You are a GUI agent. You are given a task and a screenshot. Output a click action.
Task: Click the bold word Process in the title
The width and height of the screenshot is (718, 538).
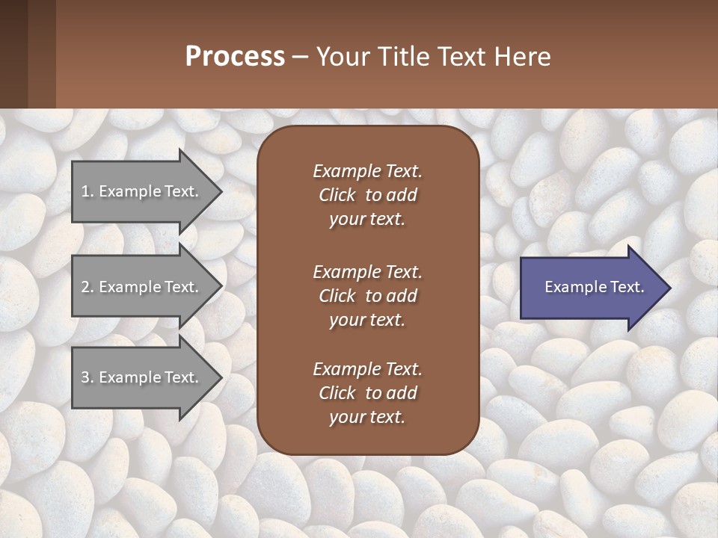click(235, 57)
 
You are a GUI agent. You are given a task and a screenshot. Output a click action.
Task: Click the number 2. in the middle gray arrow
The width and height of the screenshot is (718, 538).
click(88, 287)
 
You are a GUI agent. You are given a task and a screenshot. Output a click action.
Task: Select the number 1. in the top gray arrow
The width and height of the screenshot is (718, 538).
click(88, 191)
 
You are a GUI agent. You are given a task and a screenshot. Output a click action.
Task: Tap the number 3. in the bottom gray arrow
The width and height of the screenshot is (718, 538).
click(88, 377)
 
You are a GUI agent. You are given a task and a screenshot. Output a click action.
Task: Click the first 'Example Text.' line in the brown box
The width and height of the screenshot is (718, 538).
click(367, 171)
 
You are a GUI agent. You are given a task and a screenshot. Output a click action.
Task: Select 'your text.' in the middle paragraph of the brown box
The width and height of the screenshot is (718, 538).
click(367, 320)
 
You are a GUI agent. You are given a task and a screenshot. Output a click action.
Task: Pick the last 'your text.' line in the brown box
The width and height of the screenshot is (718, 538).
click(367, 417)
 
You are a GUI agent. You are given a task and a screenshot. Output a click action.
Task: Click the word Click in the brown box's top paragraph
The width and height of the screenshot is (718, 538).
click(337, 195)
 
